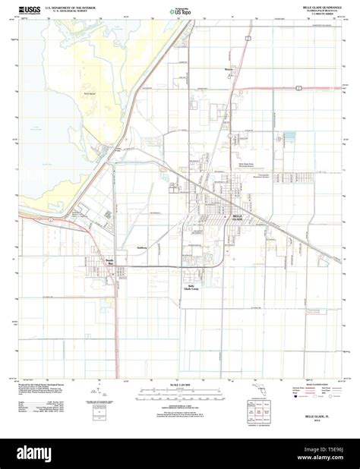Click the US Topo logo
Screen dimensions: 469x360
(x=181, y=11)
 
